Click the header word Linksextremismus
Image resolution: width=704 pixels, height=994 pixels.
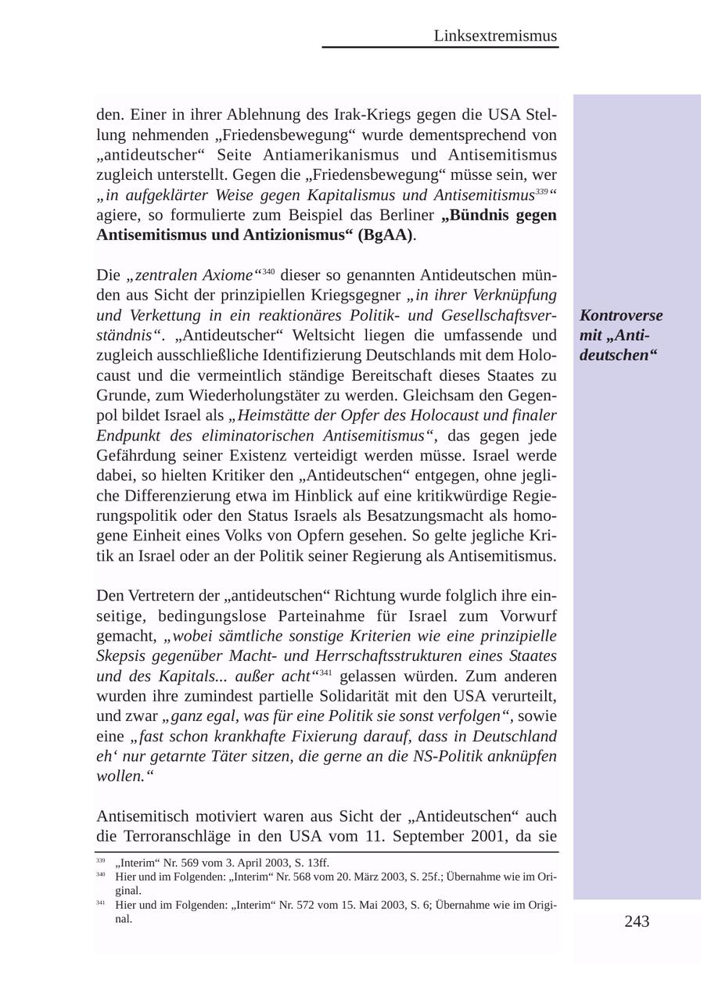coord(495,36)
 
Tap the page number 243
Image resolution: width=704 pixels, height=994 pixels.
coord(637,921)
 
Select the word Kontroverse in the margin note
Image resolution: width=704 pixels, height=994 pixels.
coord(621,315)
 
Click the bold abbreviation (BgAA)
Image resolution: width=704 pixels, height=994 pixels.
coord(386,235)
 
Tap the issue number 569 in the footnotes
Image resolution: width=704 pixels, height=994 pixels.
coord(179,863)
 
